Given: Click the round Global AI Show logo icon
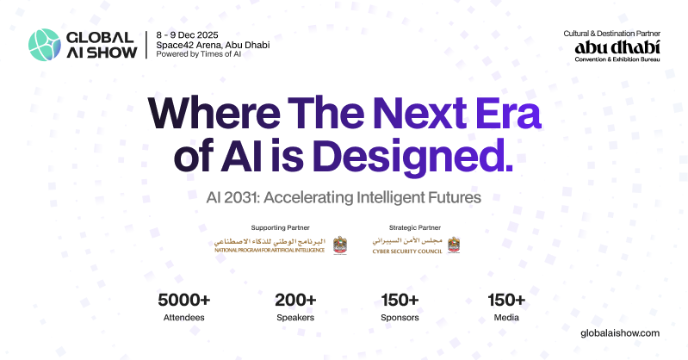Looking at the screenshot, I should [x=44, y=44].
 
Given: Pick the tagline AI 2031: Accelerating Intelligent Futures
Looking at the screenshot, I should [x=344, y=197].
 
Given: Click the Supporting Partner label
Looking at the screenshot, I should [x=270, y=228].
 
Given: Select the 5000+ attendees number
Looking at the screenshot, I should [x=183, y=300].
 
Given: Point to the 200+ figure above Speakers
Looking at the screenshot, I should [x=295, y=300].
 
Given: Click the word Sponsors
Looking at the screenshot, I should [x=400, y=318].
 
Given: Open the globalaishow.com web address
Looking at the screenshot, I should [x=620, y=332].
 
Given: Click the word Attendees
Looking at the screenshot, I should [x=183, y=318].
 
